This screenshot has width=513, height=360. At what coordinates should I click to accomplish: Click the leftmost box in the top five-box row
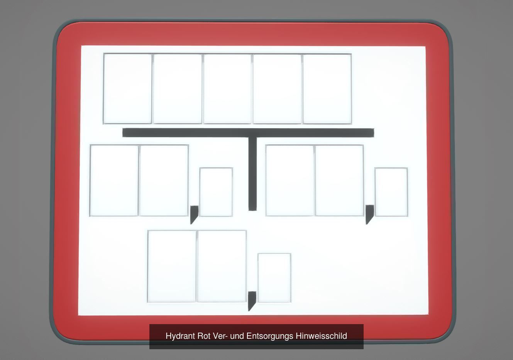tap(127, 89)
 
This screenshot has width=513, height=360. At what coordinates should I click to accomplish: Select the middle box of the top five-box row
tap(227, 89)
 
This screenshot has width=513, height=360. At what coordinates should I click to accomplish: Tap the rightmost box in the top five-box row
tap(327, 89)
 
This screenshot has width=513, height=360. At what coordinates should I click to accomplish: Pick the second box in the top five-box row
tap(178, 89)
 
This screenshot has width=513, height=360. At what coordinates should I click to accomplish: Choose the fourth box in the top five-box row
tap(277, 89)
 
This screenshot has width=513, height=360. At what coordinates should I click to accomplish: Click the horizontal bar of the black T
tap(248, 133)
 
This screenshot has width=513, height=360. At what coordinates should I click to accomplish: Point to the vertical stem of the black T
tap(252, 174)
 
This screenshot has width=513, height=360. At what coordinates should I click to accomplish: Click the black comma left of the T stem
tap(194, 215)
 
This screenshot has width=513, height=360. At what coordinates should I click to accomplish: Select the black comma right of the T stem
tap(370, 215)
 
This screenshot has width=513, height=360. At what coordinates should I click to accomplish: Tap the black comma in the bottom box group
tap(252, 301)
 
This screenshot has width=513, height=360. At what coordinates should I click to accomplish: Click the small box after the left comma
tap(216, 192)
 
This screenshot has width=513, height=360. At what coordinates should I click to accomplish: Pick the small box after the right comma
tap(391, 192)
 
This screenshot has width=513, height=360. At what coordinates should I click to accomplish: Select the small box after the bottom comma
tap(274, 278)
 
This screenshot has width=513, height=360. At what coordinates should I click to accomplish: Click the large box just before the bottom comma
tap(222, 266)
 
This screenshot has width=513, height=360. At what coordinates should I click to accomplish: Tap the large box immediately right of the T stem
tap(290, 180)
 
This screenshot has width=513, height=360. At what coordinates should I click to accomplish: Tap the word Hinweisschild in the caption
tap(321, 336)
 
